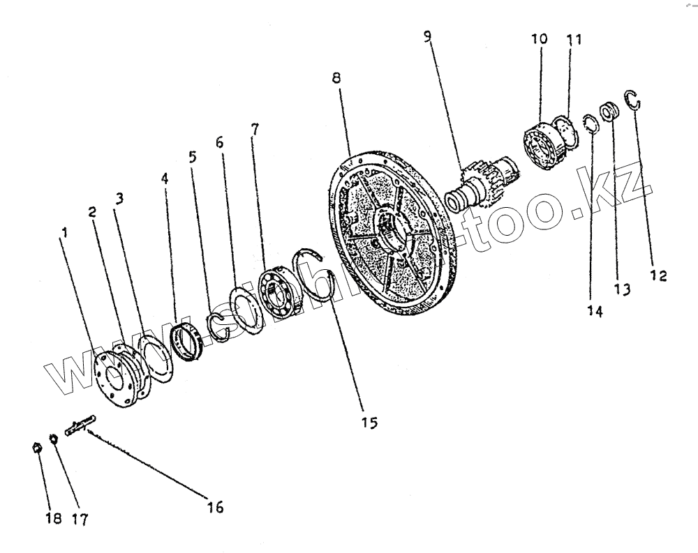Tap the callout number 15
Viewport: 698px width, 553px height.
[x=369, y=422]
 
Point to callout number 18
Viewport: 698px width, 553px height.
[x=54, y=518]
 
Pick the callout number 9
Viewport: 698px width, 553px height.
[x=427, y=36]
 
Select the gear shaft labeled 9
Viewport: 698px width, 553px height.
[x=482, y=185]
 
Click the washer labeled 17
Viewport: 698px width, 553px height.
[x=53, y=441]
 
